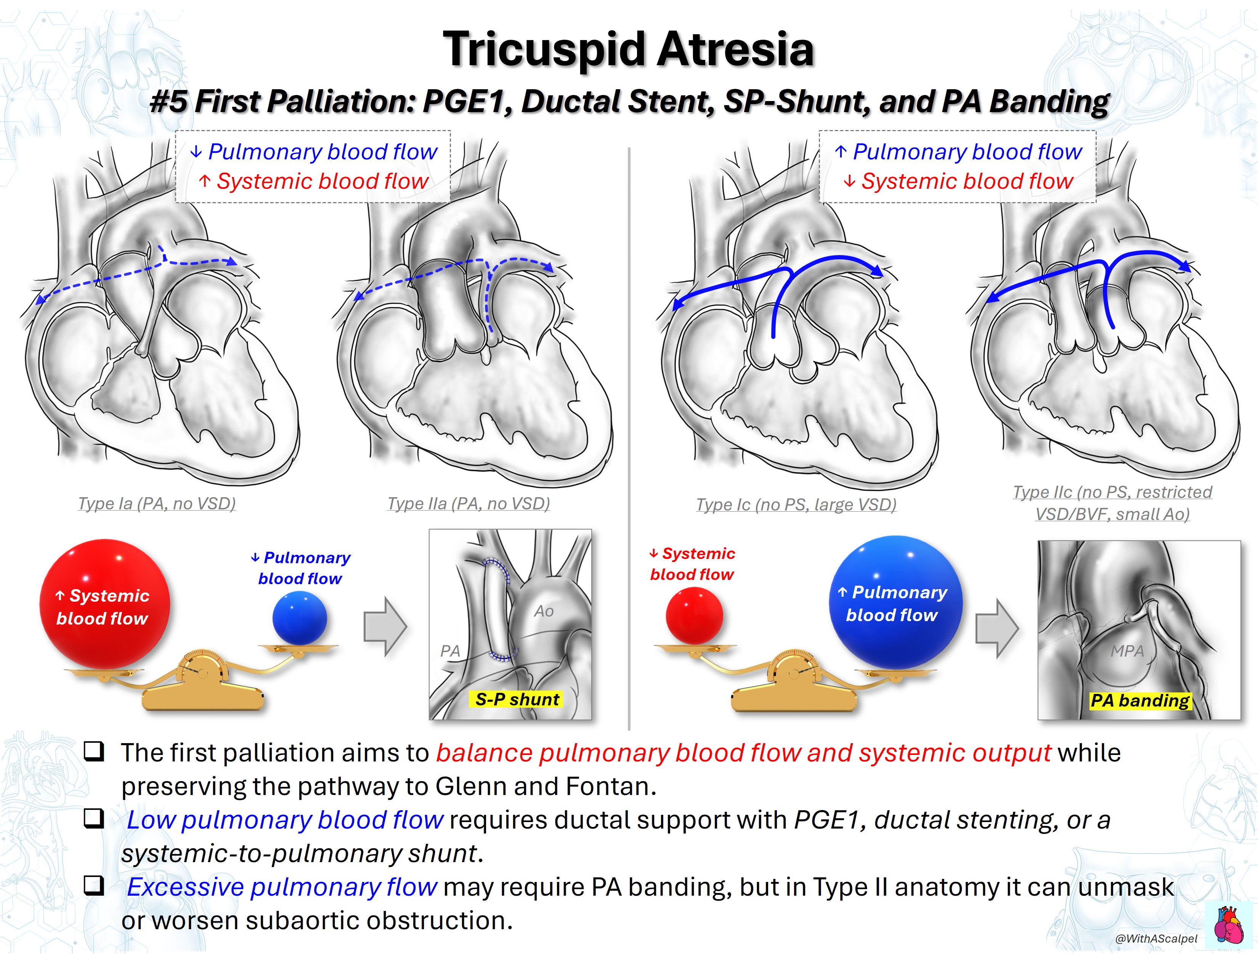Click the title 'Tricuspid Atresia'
[x=629, y=50]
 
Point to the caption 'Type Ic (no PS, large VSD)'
[x=796, y=504]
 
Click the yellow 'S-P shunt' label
[x=517, y=699]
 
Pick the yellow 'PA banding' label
[x=1140, y=700]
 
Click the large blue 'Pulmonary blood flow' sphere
[x=896, y=602]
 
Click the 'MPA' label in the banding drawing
[x=1127, y=651]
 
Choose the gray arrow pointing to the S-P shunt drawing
[x=385, y=626]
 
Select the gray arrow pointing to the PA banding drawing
[x=997, y=628]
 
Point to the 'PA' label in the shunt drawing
[x=450, y=651]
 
